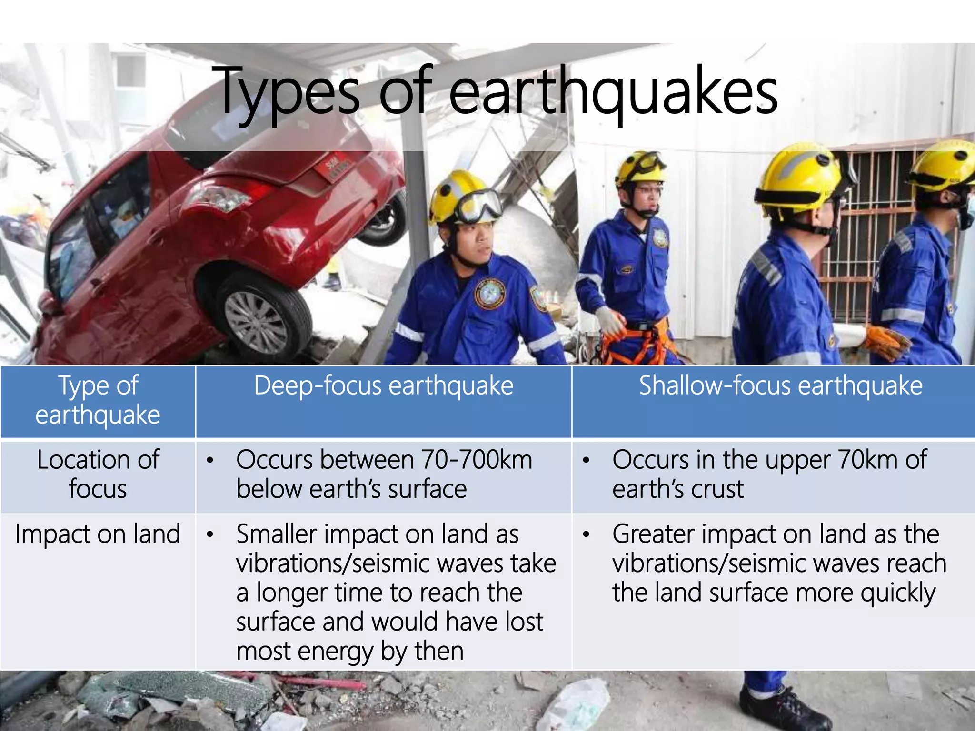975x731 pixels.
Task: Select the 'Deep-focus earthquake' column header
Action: coord(383,385)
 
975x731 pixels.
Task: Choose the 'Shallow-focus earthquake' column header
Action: coord(780,385)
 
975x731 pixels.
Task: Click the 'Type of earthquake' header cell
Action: coord(98,400)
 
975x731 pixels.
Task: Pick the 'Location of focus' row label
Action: coord(98,474)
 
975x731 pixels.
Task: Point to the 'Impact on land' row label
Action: coord(98,534)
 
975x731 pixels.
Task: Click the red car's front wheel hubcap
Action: coord(256,322)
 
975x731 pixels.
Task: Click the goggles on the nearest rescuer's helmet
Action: coord(478,206)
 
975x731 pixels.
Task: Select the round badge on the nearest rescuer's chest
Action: coord(490,293)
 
